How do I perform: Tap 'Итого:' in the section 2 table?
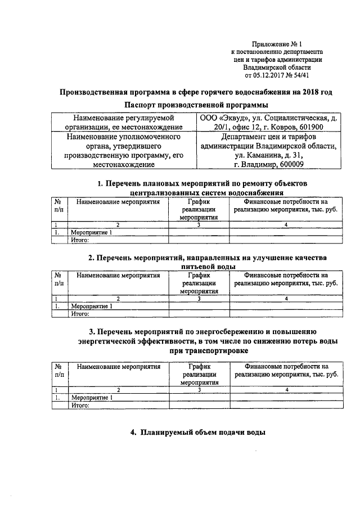[80, 313]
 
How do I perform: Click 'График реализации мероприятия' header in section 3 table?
[199, 374]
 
